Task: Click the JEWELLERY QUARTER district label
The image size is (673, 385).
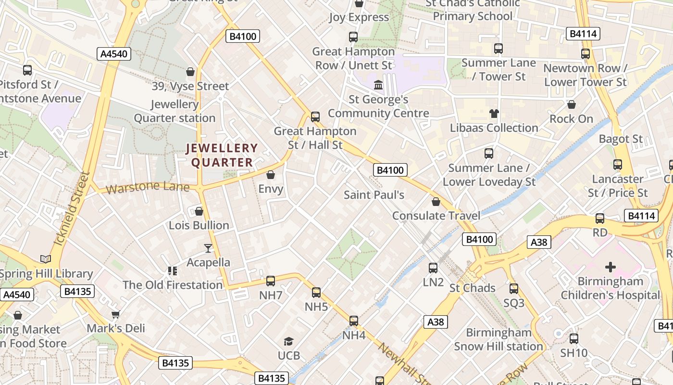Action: (222, 155)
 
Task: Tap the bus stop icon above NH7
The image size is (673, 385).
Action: (271, 281)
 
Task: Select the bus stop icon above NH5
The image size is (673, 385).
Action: (316, 292)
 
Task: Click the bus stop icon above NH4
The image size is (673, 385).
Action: (354, 321)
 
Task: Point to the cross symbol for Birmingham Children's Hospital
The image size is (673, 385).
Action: (610, 267)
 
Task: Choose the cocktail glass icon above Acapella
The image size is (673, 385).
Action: (208, 248)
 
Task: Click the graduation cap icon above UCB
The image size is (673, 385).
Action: (288, 342)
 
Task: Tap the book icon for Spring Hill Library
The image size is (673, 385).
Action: (46, 259)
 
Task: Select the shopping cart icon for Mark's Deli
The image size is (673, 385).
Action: (115, 315)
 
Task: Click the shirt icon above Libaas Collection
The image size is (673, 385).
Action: (494, 114)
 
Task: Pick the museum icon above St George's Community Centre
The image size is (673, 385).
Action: (378, 85)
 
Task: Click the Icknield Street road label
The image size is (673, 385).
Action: (72, 208)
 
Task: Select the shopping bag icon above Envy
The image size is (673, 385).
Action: (271, 175)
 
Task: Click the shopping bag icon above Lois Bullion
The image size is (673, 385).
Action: (199, 211)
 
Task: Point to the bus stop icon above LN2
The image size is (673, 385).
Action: (433, 268)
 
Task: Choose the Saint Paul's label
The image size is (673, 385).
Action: (374, 195)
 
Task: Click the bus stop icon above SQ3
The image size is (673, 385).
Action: (514, 289)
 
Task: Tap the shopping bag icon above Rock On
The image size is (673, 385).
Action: (572, 104)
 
